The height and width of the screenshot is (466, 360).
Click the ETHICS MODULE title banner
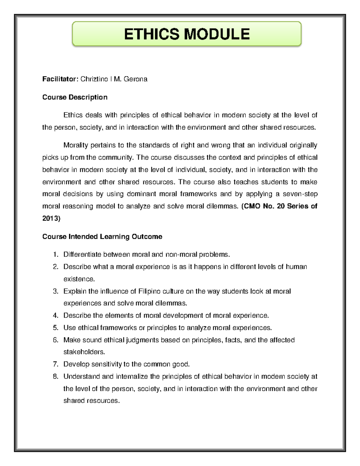point(187,34)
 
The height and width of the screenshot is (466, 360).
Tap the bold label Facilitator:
point(60,79)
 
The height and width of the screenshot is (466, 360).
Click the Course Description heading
point(75,97)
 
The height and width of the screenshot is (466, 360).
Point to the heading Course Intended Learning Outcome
point(102,237)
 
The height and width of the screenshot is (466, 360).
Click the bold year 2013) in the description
point(51,218)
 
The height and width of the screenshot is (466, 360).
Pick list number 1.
point(55,255)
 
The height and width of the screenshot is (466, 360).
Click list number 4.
point(55,316)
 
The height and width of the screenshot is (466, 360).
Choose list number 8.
point(55,377)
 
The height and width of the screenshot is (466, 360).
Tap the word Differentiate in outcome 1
point(82,255)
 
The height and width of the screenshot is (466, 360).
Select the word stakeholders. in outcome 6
point(84,352)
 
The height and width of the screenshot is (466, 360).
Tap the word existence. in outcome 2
point(79,279)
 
